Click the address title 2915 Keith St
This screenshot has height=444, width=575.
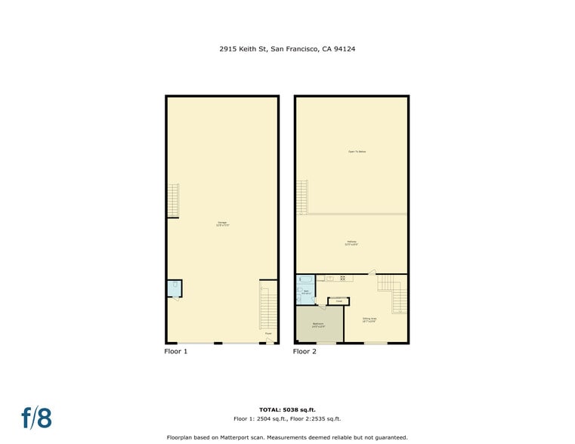click(287, 49)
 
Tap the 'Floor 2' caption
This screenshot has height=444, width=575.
click(305, 351)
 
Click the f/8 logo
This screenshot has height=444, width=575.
click(36, 418)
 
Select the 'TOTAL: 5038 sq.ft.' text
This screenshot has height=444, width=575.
click(287, 410)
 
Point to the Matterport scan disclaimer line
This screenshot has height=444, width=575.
click(287, 437)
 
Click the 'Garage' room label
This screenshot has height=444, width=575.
click(223, 223)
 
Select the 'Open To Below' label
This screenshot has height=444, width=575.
click(357, 152)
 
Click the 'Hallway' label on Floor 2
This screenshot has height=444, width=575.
click(351, 243)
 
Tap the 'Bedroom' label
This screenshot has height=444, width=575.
click(318, 325)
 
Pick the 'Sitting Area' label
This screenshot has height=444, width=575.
click(369, 319)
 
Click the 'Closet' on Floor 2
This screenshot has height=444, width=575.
click(339, 301)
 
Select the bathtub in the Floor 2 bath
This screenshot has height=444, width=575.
click(305, 279)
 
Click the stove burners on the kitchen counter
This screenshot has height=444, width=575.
click(343, 278)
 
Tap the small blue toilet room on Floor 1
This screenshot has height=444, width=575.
click(174, 288)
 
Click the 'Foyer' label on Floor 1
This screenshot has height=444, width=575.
click(267, 333)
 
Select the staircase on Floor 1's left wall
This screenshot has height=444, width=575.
click(172, 200)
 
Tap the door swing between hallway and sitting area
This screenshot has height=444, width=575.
click(372, 271)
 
